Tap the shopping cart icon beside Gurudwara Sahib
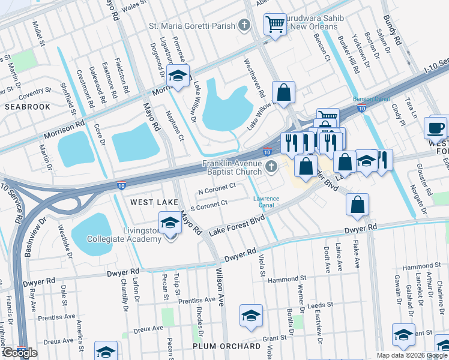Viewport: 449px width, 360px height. point(275,25)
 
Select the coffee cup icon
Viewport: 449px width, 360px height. point(435,127)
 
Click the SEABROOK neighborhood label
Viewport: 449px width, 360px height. point(27,106)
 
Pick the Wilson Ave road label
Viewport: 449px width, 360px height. point(219,294)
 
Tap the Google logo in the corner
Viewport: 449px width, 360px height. point(20,353)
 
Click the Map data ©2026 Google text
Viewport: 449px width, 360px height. point(412,355)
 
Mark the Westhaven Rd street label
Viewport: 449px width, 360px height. point(254,77)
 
